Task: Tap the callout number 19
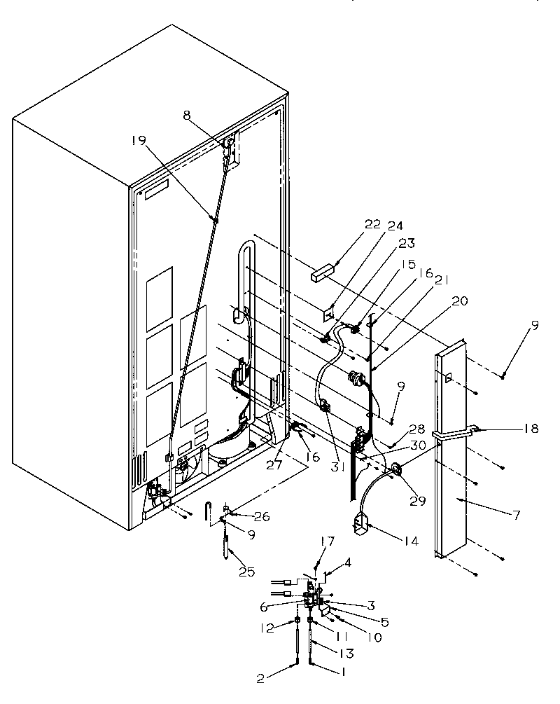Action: point(138,141)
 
